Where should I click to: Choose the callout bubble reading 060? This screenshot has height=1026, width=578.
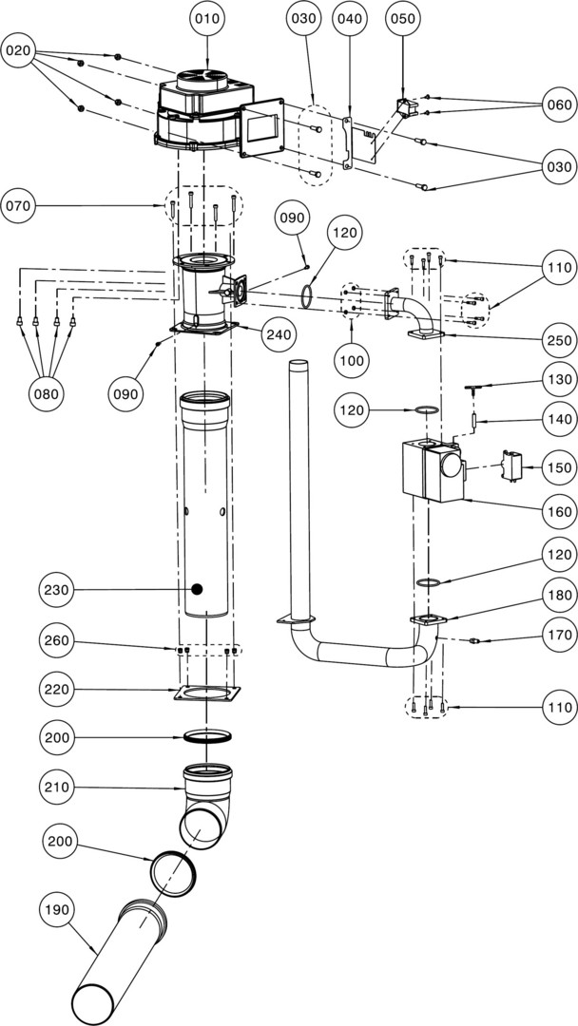(558, 104)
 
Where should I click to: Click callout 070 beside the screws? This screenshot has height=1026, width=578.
(20, 204)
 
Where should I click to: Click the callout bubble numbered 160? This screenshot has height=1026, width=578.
(558, 511)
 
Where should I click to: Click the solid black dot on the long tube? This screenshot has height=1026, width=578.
(197, 589)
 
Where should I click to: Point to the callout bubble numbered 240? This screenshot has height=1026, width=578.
(279, 334)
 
